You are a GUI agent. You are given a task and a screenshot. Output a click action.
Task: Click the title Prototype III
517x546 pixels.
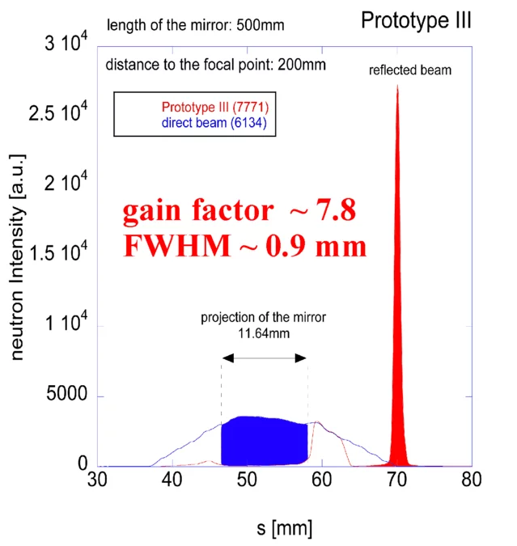click(416, 19)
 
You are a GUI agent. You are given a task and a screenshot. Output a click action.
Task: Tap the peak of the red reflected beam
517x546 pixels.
click(397, 87)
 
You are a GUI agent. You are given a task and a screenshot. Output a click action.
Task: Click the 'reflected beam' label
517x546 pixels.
click(410, 70)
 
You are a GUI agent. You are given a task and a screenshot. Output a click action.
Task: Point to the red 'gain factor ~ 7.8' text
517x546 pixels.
click(239, 211)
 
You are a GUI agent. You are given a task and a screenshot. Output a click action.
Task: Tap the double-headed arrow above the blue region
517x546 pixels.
click(265, 358)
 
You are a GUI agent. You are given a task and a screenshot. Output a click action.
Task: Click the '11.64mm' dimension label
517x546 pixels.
click(264, 331)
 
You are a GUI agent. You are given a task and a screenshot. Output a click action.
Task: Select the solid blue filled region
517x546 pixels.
click(264, 441)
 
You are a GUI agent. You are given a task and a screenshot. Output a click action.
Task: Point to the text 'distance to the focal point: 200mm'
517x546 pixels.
click(215, 64)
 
